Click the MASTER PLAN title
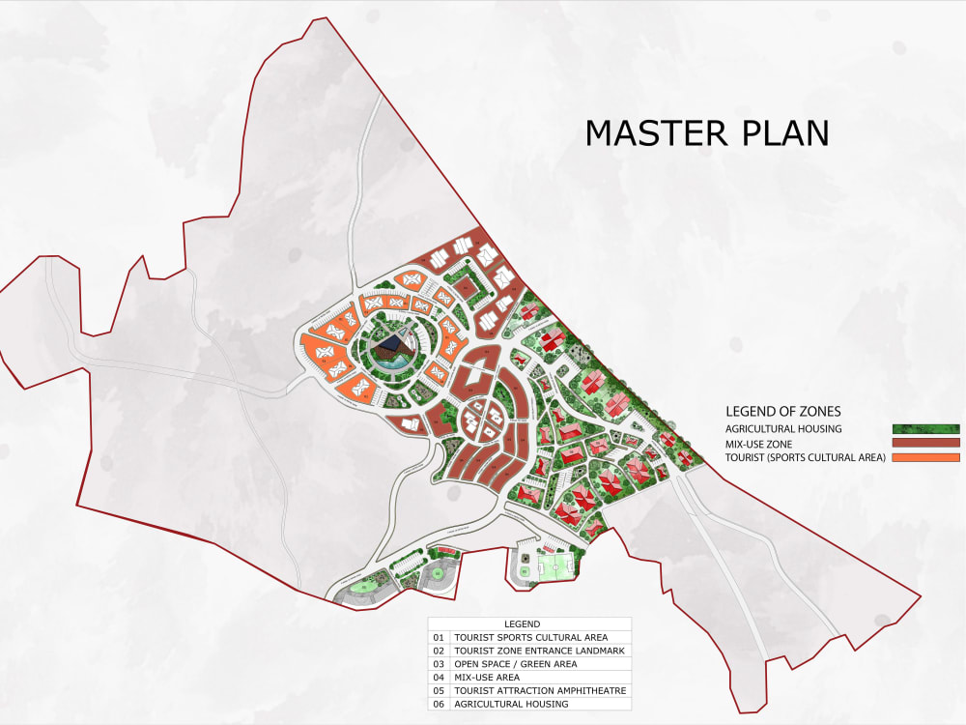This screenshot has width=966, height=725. [707, 133]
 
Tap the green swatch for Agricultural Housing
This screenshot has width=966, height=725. [925, 428]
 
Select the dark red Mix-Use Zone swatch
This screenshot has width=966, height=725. [925, 443]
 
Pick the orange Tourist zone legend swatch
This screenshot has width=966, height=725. [925, 457]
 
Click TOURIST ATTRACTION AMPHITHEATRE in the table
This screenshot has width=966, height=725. [541, 691]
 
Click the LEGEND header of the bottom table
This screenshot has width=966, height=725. [523, 624]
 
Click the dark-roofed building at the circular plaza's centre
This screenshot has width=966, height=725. [391, 346]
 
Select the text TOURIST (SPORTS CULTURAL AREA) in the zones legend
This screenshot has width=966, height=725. [805, 457]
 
